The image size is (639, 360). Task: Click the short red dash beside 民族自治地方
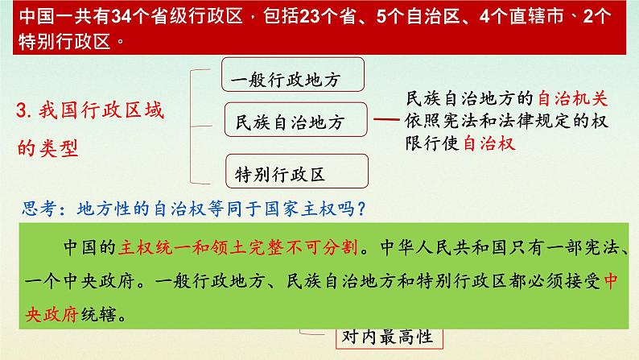click(387, 121)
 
